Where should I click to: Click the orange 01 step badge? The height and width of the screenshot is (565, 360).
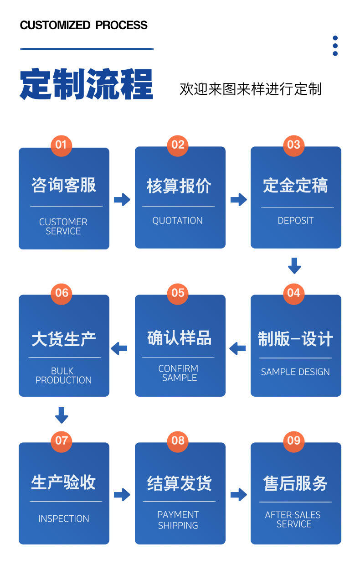click(x=61, y=145)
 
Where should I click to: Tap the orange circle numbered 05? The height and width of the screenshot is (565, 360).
click(x=178, y=293)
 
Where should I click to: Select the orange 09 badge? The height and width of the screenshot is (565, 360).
click(x=294, y=441)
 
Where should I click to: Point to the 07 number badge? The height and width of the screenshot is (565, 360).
click(x=61, y=441)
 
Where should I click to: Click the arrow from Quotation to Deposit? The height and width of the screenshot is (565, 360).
click(x=238, y=199)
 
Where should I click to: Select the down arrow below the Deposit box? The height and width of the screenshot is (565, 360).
click(x=294, y=265)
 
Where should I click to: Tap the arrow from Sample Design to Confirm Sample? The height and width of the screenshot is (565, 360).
click(x=237, y=349)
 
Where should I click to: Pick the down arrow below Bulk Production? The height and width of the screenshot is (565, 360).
click(x=62, y=415)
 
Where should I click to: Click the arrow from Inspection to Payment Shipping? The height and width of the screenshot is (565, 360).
click(x=122, y=495)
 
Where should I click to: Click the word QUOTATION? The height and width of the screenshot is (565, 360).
click(x=178, y=221)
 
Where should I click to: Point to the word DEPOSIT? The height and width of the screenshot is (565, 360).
click(x=296, y=221)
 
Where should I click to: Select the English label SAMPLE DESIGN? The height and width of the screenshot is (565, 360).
click(x=295, y=372)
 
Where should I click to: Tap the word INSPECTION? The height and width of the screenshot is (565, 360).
click(x=64, y=519)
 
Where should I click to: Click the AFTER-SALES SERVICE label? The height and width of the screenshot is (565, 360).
click(x=293, y=519)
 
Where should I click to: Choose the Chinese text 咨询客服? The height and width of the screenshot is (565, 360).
click(x=64, y=186)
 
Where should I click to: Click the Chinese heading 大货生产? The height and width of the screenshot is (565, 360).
click(x=64, y=339)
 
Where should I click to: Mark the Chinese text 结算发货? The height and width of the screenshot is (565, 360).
click(x=179, y=483)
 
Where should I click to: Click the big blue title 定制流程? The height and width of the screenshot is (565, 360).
click(x=87, y=85)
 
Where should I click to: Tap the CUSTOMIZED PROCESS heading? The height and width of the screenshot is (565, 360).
click(x=84, y=25)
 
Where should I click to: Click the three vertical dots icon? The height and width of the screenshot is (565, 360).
click(x=335, y=46)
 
